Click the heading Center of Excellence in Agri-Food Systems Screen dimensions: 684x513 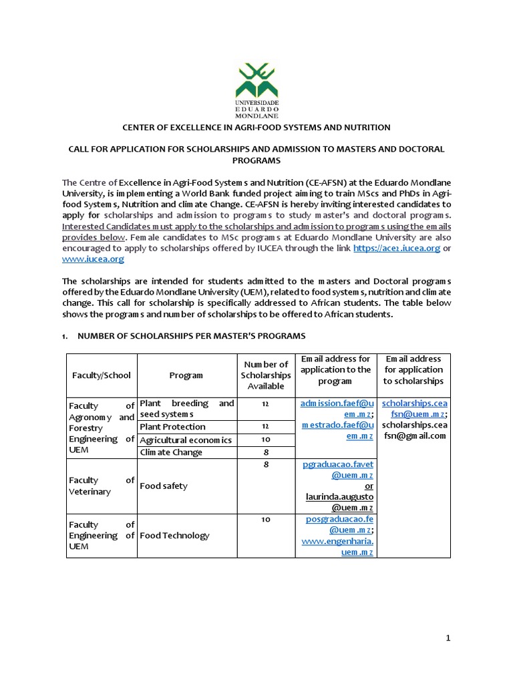click(255, 127)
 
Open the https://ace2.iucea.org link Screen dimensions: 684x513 click(396, 248)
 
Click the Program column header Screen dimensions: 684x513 click(186, 375)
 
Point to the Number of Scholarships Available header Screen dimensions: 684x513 click(266, 375)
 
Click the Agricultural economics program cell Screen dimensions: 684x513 click(186, 440)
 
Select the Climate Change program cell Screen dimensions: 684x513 click(171, 452)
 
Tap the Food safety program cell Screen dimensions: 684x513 click(164, 486)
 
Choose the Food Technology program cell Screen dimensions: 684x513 click(174, 535)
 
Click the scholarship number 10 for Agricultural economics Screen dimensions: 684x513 click(265, 439)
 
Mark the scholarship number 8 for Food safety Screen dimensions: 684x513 click(265, 465)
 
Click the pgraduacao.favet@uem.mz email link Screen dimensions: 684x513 click(337, 470)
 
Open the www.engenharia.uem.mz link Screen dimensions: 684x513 click(337, 546)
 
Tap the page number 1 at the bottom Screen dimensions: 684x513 click(450, 639)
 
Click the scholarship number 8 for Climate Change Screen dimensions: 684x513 click(265, 452)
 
